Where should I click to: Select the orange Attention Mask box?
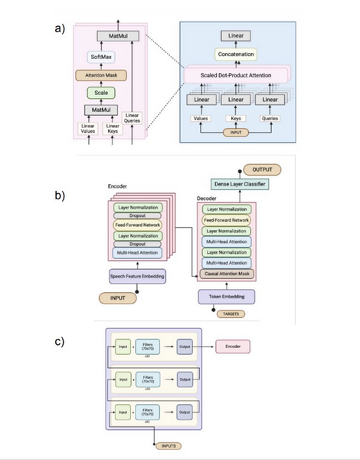100,75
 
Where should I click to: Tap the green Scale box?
100,93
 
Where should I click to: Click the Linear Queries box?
133,120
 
